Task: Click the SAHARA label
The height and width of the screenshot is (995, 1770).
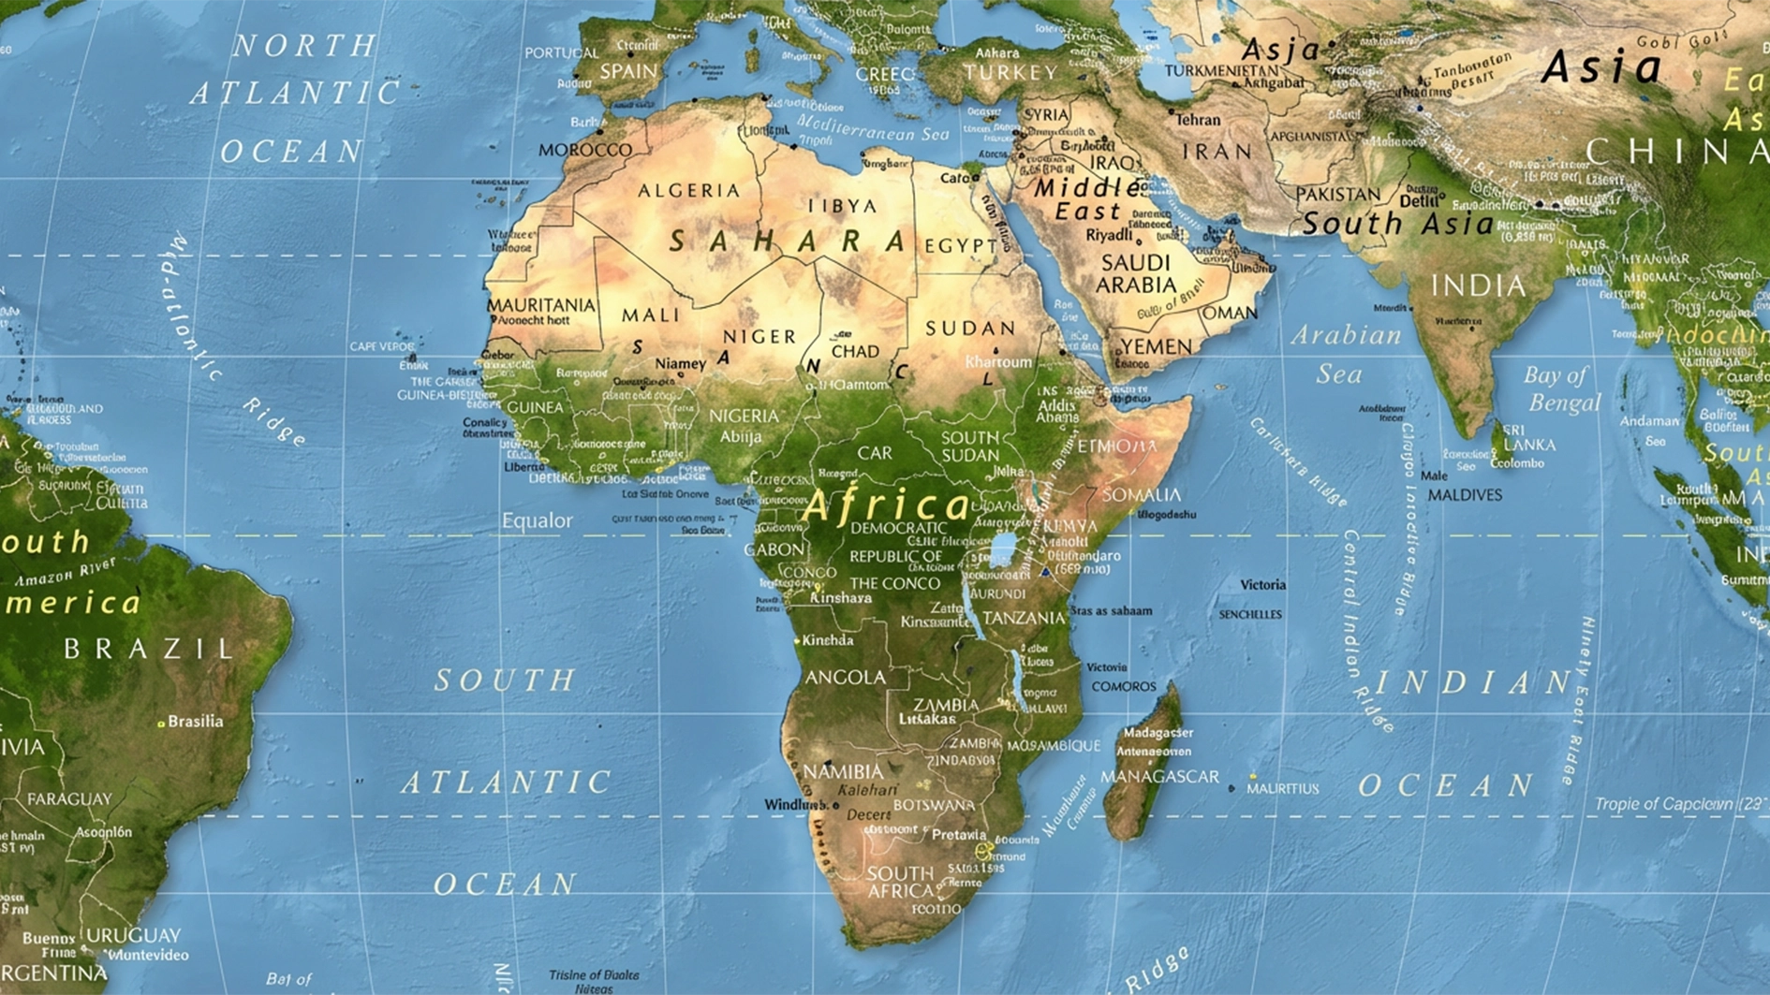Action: pos(788,241)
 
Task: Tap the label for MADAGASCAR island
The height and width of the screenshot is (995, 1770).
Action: pos(1159,777)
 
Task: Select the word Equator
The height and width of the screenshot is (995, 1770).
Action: pos(537,520)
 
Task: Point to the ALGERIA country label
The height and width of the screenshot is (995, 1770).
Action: pos(689,191)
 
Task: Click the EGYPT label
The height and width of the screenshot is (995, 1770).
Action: pos(961,246)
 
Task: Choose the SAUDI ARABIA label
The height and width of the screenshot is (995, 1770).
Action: pos(1136,273)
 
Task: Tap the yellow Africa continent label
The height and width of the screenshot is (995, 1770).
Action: pos(886,506)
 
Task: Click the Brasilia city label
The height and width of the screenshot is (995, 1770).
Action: pos(196,722)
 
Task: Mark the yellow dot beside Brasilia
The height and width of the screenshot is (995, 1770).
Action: pos(161,724)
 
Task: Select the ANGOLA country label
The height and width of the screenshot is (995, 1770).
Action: pos(845,677)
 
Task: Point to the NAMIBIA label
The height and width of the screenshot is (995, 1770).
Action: pos(843,771)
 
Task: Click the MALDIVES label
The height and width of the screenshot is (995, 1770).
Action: pos(1465,495)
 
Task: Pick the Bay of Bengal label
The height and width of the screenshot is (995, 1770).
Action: pos(1560,388)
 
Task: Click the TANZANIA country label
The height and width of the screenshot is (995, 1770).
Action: pos(1024,619)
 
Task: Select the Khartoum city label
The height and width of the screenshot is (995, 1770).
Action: pos(998,361)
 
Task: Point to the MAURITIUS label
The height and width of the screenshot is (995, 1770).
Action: pos(1282,789)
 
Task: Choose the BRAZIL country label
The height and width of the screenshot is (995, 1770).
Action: pos(148,649)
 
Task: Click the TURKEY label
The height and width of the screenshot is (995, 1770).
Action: pos(1010,72)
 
